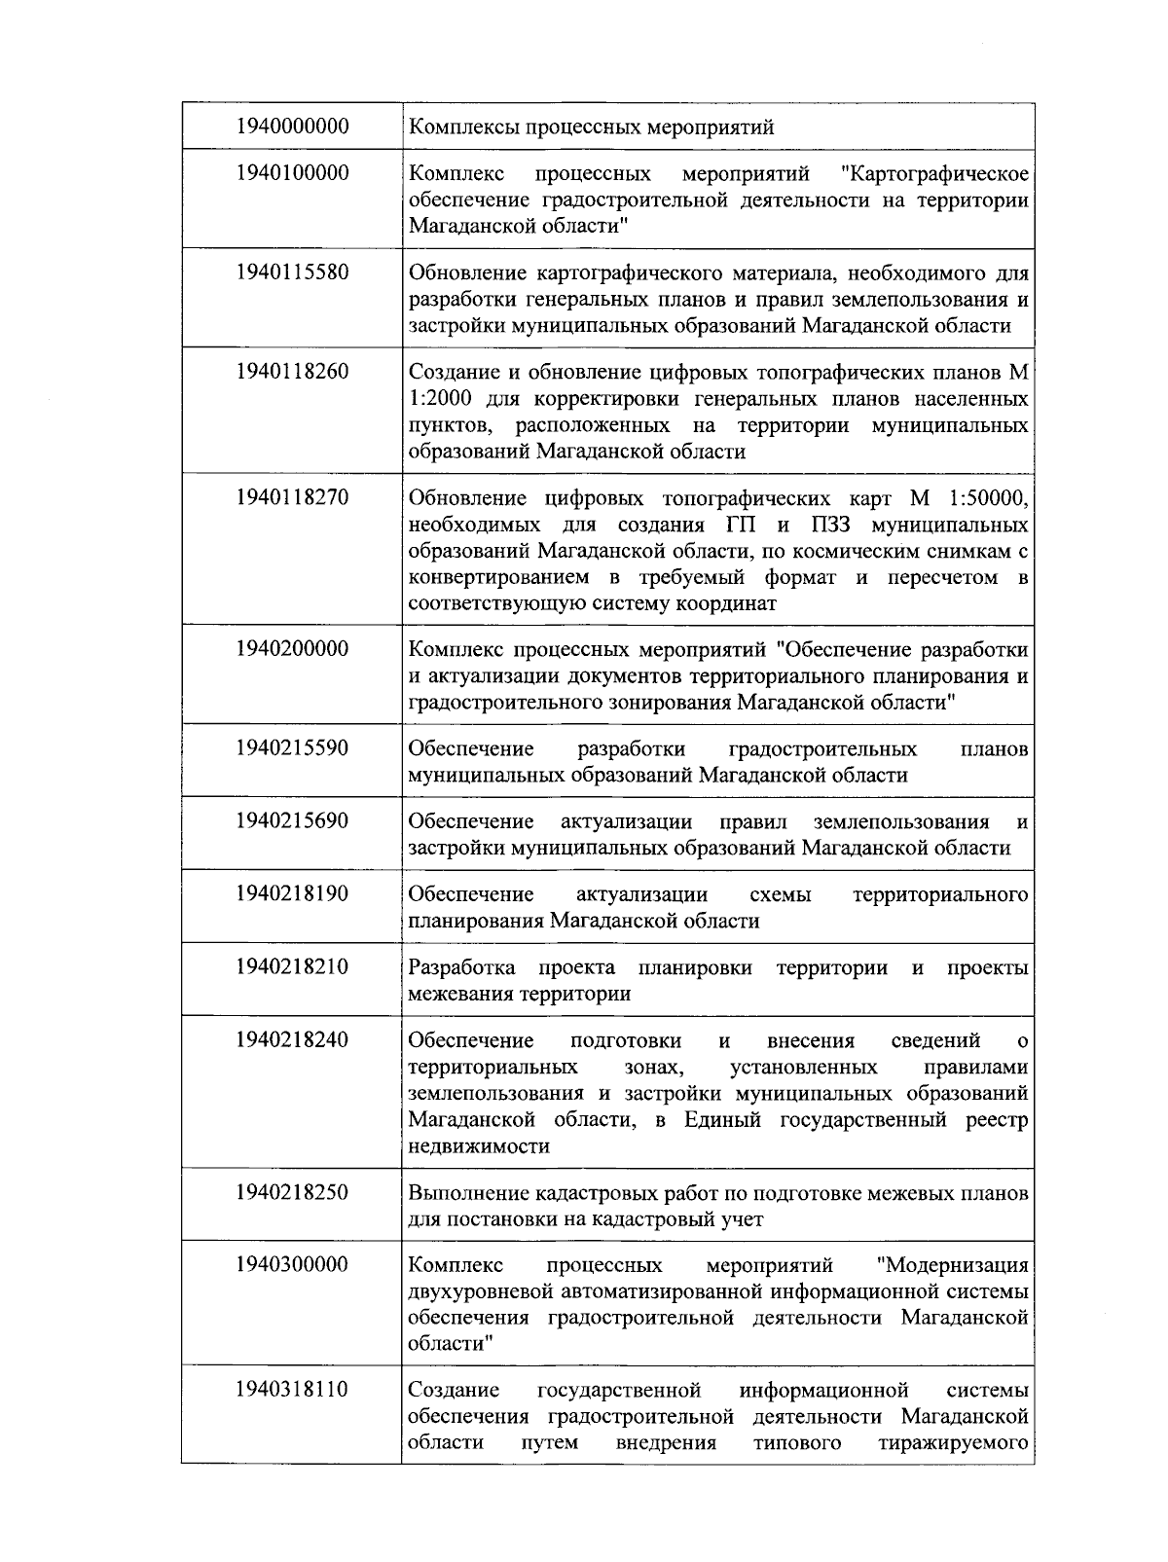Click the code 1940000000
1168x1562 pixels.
tap(292, 127)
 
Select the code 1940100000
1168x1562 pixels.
tap(292, 173)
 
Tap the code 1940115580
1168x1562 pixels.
tap(292, 272)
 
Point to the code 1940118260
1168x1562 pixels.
tap(292, 371)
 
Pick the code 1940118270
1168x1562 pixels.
tap(292, 497)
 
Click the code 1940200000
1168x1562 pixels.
tap(292, 649)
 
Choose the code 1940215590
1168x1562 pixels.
tap(292, 747)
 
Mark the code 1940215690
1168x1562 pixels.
tap(292, 820)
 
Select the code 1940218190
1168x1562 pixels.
tap(292, 893)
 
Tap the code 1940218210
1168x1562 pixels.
tap(292, 966)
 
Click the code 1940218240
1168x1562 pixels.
tap(292, 1039)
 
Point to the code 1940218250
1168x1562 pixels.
tap(292, 1192)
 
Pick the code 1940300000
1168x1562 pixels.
tap(292, 1265)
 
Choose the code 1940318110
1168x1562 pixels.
tap(292, 1389)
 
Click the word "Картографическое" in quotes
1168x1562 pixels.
tap(934, 174)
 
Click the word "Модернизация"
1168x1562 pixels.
tap(951, 1265)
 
